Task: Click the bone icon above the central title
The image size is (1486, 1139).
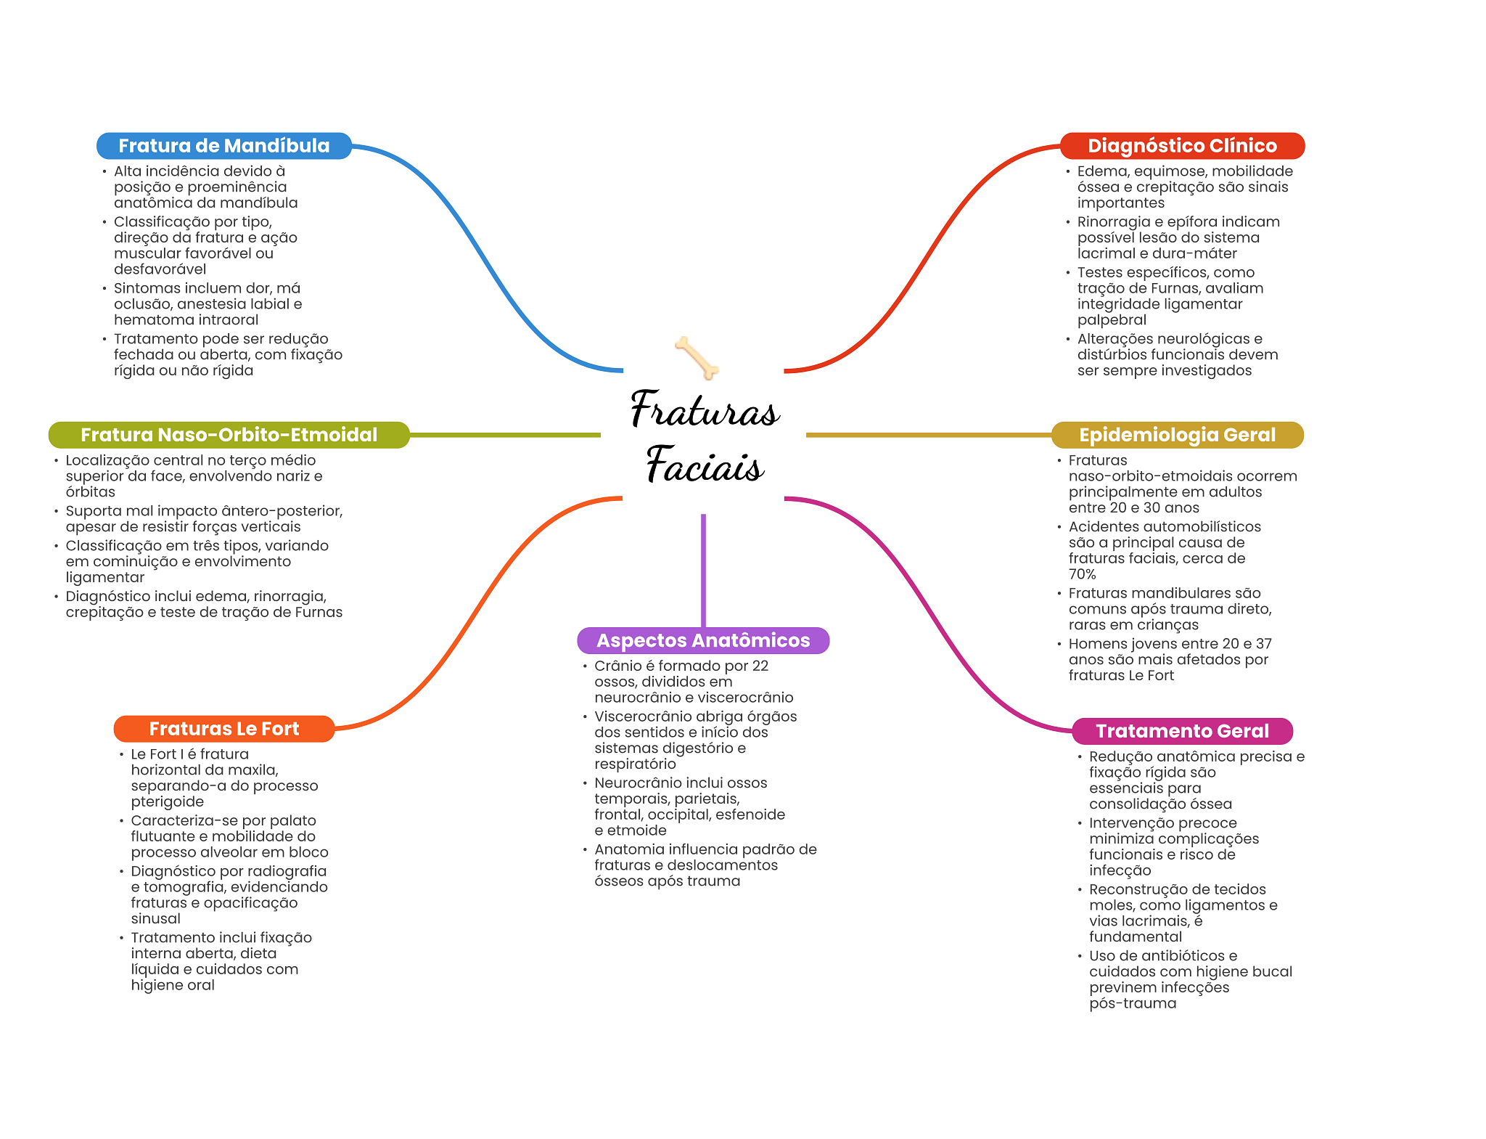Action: pyautogui.click(x=697, y=357)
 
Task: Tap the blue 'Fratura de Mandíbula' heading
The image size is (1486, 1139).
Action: pyautogui.click(x=224, y=146)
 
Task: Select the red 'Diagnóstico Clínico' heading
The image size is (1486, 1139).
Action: pyautogui.click(x=1182, y=146)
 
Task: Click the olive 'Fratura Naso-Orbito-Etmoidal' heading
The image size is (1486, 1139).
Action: pyautogui.click(x=229, y=435)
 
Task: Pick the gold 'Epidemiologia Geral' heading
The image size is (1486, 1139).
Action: pyautogui.click(x=1177, y=435)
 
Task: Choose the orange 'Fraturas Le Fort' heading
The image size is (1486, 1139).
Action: pyautogui.click(x=224, y=729)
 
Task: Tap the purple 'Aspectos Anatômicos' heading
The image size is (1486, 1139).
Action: pyautogui.click(x=703, y=640)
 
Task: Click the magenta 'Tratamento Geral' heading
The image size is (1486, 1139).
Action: pyautogui.click(x=1182, y=731)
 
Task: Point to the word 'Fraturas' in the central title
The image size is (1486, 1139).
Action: pyautogui.click(x=705, y=410)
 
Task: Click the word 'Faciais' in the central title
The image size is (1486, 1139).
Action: pyautogui.click(x=705, y=465)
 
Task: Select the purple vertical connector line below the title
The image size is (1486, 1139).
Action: pyautogui.click(x=703, y=571)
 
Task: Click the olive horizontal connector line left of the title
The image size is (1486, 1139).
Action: pyautogui.click(x=505, y=435)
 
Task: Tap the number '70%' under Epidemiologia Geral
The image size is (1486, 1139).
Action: pyautogui.click(x=1082, y=574)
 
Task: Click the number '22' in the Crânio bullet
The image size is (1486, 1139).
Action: pyautogui.click(x=760, y=666)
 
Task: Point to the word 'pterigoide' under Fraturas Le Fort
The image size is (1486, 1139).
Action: pyautogui.click(x=168, y=802)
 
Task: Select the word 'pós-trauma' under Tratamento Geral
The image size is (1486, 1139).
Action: pyautogui.click(x=1133, y=1004)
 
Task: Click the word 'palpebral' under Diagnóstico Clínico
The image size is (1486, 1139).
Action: pyautogui.click(x=1112, y=320)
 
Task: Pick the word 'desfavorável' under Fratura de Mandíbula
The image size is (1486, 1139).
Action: pyautogui.click(x=160, y=269)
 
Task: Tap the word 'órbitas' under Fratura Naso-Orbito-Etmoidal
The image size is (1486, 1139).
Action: pyautogui.click(x=90, y=492)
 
